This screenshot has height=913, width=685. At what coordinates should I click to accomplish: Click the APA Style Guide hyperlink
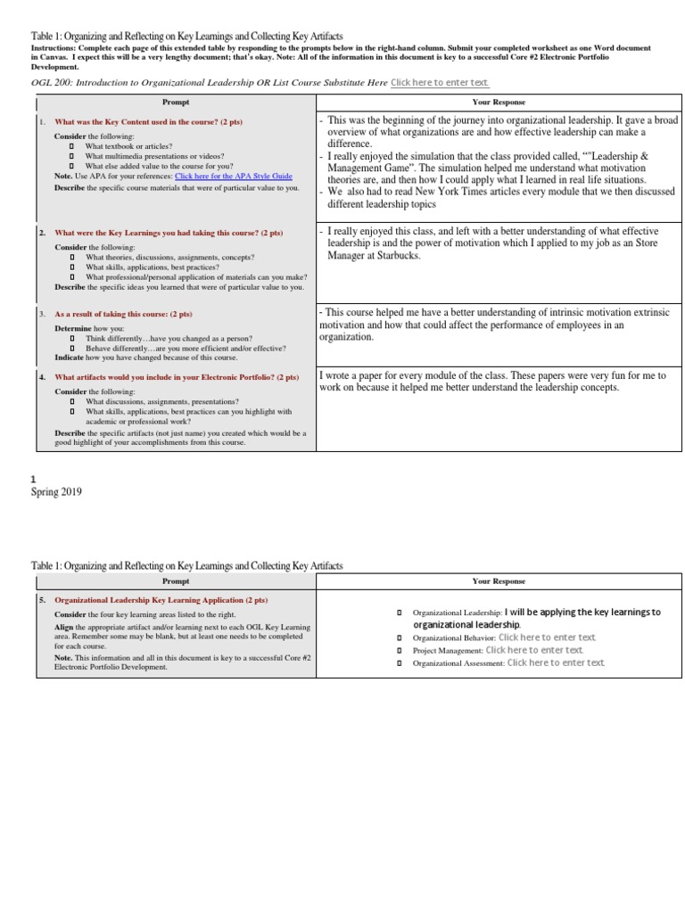(x=233, y=177)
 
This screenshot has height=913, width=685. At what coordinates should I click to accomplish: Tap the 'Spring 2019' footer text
(x=56, y=491)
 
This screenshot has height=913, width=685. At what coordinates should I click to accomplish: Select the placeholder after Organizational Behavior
(x=547, y=637)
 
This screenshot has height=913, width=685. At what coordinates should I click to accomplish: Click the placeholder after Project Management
(x=533, y=650)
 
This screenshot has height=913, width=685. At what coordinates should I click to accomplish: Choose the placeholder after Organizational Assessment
(x=556, y=662)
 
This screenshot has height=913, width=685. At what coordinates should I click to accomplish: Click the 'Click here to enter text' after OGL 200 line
(x=440, y=82)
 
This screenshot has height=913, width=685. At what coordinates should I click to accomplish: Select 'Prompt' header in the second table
(x=177, y=581)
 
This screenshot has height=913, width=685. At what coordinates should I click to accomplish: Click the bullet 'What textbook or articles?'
(x=128, y=146)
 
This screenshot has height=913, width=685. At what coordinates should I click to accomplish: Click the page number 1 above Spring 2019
(x=34, y=479)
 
